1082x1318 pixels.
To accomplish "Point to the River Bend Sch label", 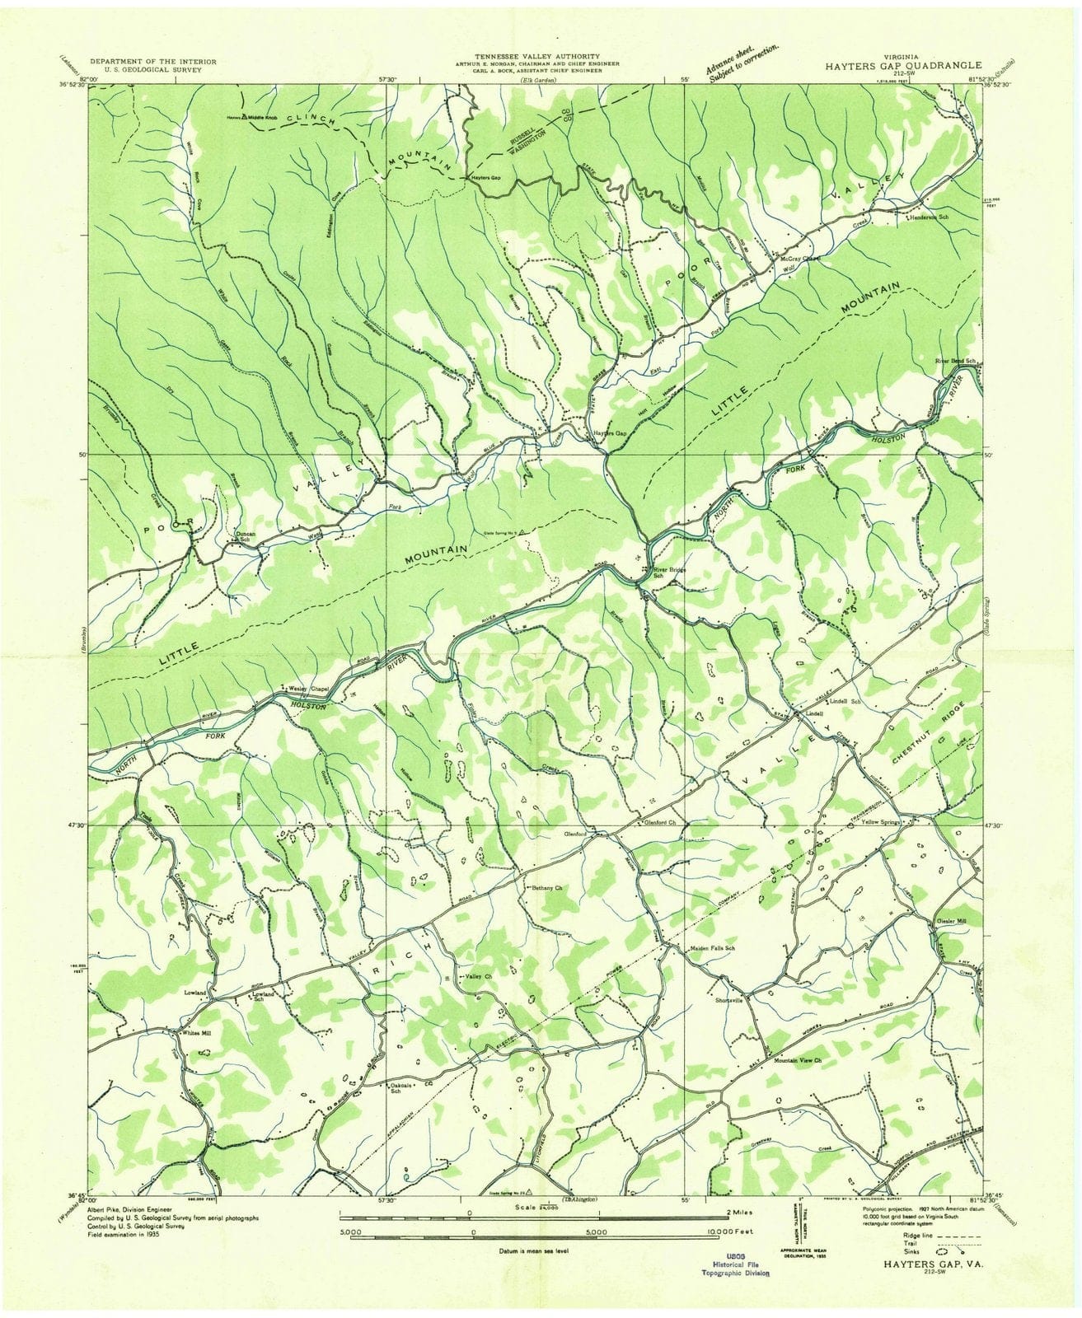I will tap(954, 361).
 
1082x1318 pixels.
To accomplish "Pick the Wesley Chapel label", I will tap(307, 688).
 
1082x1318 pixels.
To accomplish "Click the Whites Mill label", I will tap(197, 1032).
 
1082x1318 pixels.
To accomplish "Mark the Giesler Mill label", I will tap(954, 922).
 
